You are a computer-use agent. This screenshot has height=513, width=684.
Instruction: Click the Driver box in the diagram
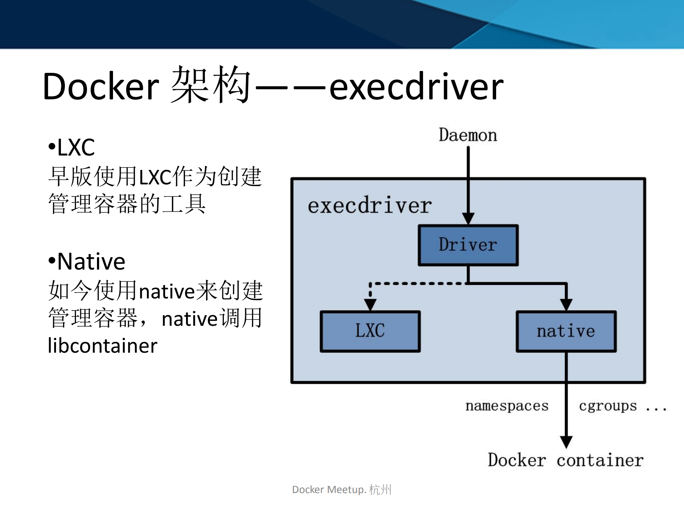point(468,245)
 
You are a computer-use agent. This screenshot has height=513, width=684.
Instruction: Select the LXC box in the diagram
point(370,331)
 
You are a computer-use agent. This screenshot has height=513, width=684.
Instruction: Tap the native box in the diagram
point(566,331)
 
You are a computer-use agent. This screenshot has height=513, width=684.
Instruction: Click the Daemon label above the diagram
point(468,135)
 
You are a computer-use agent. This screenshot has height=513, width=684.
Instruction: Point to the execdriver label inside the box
point(370,206)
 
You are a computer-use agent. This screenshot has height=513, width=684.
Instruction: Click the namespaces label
point(506,406)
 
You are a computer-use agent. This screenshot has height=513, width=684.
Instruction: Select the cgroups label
point(607,406)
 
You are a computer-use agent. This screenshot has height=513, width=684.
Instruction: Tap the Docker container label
point(565,460)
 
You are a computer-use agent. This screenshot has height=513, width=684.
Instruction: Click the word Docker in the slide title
point(101,87)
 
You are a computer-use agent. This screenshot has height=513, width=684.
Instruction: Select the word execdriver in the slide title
point(416,87)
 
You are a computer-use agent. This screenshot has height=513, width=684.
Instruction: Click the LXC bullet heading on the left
point(76,147)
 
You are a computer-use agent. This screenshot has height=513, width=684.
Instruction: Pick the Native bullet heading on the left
point(91,261)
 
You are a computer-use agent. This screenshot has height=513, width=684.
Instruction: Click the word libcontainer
point(103,346)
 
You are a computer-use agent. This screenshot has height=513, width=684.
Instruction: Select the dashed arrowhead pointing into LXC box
point(370,304)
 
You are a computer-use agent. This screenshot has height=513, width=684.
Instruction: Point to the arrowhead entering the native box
point(566,304)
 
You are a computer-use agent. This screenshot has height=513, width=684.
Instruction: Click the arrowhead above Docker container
point(566,441)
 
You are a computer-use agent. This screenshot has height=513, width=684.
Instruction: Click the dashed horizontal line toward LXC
point(417,284)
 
